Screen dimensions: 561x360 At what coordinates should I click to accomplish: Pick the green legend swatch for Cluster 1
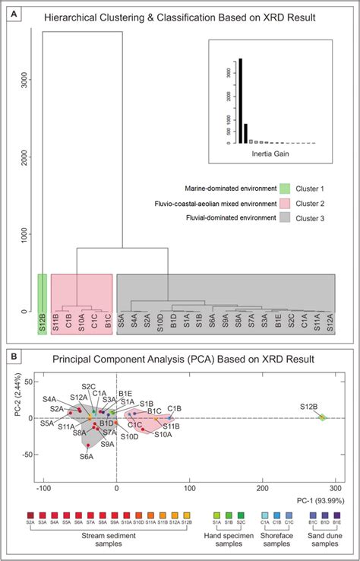coord(285,188)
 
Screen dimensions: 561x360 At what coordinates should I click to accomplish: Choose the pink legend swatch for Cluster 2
coord(285,203)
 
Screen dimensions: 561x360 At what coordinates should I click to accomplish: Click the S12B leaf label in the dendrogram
coord(43,324)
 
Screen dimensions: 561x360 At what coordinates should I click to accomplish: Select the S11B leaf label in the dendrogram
coord(56,324)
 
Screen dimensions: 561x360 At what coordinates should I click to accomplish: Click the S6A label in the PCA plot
coord(86,458)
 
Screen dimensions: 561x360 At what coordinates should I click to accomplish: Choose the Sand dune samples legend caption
coord(323,544)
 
